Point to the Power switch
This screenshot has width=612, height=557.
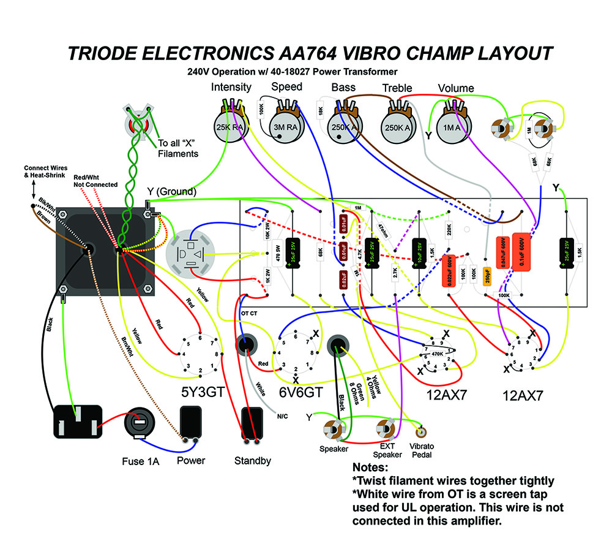pyautogui.click(x=190, y=423)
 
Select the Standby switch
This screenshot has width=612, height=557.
pyautogui.click(x=251, y=423)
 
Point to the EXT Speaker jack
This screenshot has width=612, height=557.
pyautogui.click(x=385, y=428)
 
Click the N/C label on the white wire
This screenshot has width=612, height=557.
pyautogui.click(x=282, y=415)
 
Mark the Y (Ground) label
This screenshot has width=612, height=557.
pyautogui.click(x=171, y=192)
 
